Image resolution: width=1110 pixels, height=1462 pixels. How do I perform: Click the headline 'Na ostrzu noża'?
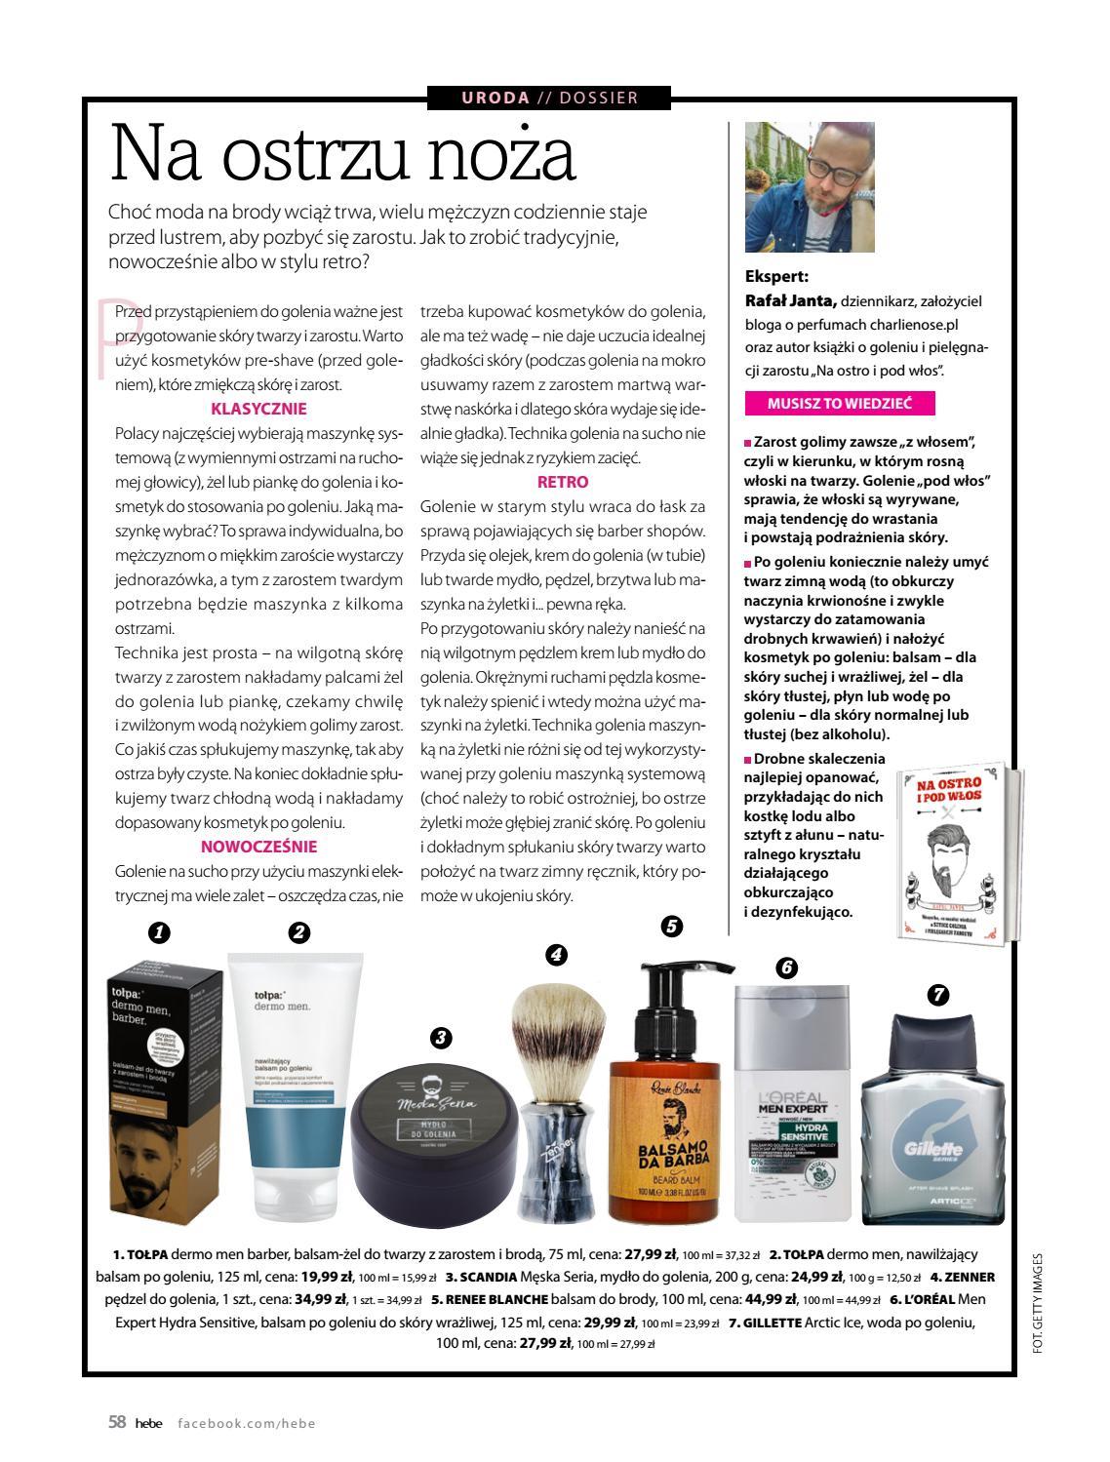click(342, 155)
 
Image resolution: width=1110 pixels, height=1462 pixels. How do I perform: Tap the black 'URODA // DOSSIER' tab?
click(549, 98)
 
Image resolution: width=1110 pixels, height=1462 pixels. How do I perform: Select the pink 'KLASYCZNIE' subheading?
click(258, 410)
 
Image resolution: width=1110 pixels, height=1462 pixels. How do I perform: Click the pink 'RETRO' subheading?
click(563, 482)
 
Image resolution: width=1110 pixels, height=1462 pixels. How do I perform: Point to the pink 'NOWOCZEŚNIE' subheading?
click(258, 847)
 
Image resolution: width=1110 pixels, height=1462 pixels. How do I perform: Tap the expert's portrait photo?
click(810, 187)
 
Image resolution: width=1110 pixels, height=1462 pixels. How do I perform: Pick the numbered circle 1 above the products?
click(159, 932)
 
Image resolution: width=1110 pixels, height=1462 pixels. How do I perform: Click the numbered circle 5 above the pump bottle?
click(671, 927)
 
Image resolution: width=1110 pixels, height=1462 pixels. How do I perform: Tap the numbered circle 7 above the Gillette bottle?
click(936, 995)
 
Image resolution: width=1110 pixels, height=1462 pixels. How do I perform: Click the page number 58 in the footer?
click(117, 1422)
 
